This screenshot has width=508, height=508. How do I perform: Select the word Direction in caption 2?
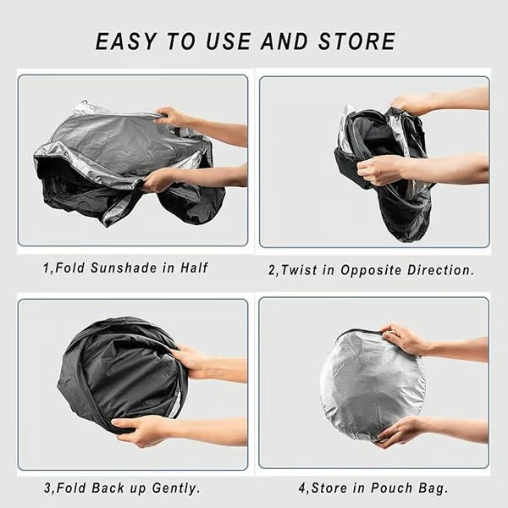point(439,270)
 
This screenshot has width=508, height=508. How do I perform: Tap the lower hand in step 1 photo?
point(161,179)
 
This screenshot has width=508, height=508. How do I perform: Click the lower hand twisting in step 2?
point(381,169)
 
